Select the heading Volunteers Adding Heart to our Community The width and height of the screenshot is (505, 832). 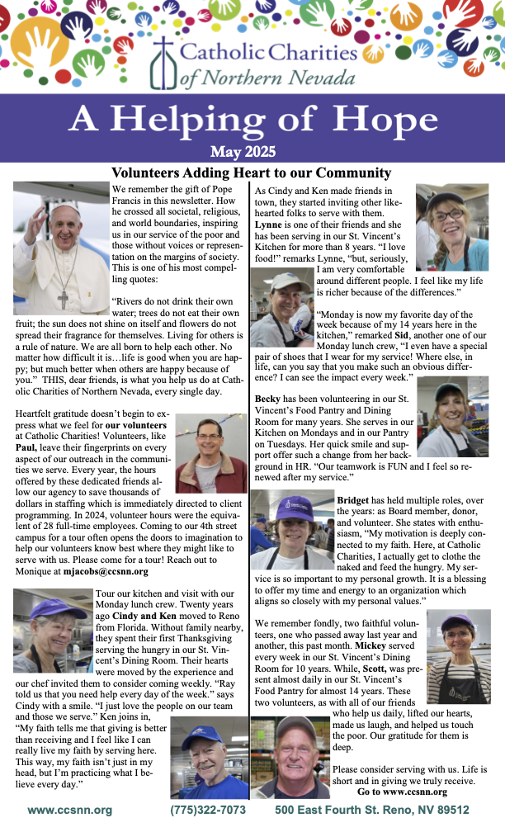click(251, 173)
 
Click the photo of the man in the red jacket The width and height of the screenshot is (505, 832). click(211, 453)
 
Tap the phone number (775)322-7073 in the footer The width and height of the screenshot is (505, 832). click(207, 811)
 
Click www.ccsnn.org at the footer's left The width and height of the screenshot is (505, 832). click(69, 811)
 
